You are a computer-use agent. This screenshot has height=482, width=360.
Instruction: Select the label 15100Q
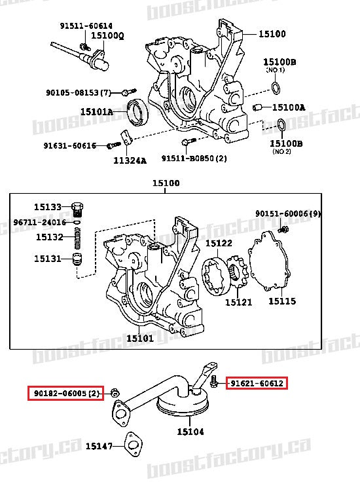[107, 35]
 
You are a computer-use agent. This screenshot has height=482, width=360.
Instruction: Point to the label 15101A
[97, 112]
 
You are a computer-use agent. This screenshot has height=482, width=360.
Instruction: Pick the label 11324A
[130, 160]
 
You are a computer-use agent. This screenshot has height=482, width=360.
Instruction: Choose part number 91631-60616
[70, 145]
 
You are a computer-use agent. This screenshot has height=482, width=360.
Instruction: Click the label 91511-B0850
[194, 158]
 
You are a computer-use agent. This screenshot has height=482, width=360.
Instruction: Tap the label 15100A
[289, 107]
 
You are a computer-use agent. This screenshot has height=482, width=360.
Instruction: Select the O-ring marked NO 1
[277, 88]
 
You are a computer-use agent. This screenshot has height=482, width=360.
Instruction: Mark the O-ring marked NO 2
[280, 124]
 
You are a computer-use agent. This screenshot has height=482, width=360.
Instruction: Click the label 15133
[48, 207]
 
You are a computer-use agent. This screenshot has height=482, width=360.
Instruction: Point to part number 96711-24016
[39, 222]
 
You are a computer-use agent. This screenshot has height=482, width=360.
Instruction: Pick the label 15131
[48, 259]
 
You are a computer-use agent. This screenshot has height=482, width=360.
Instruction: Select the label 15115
[282, 301]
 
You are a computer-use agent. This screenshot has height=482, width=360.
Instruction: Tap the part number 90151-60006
[288, 213]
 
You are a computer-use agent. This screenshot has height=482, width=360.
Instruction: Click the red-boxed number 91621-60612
[256, 383]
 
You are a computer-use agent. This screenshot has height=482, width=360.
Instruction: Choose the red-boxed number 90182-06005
[65, 393]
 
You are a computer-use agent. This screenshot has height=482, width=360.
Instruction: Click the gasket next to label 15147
[134, 445]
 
